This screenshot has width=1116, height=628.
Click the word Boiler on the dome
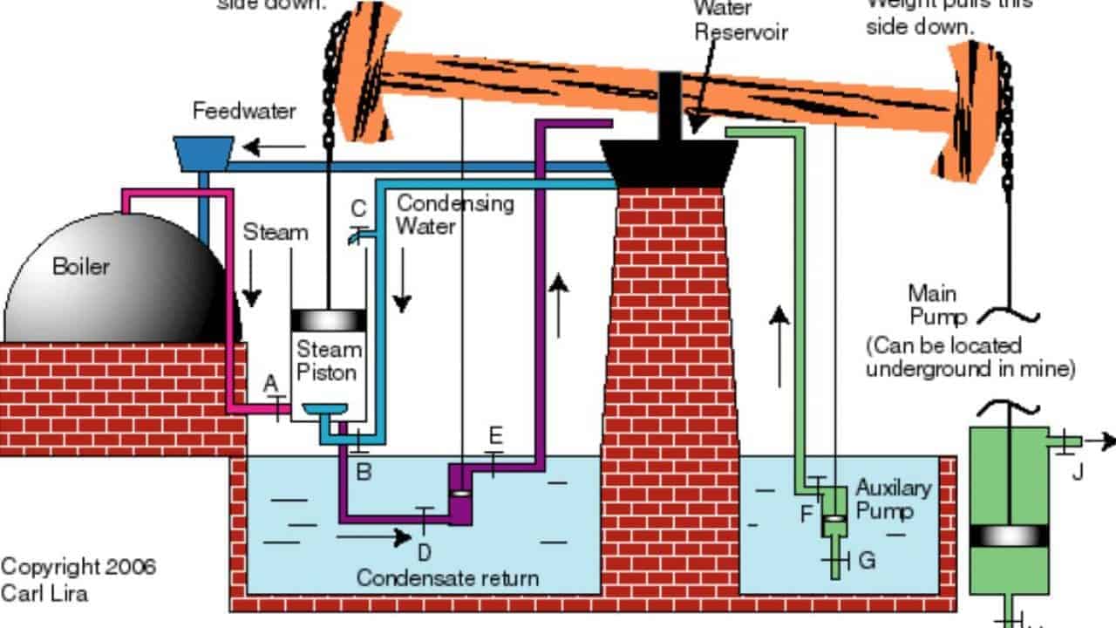(x=81, y=266)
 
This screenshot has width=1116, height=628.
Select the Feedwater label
(x=232, y=112)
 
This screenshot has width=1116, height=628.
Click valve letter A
(x=270, y=383)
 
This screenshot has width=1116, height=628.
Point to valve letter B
(x=364, y=472)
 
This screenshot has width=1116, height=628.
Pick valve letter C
(x=357, y=208)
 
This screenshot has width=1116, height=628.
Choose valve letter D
(x=424, y=551)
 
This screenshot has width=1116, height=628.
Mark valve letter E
(x=496, y=435)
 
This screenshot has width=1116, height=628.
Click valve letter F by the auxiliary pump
(x=807, y=514)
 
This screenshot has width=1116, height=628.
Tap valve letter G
(x=867, y=560)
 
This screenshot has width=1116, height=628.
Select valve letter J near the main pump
(x=1078, y=472)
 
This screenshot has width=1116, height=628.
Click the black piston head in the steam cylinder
(x=329, y=320)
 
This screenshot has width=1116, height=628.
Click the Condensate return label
(x=447, y=577)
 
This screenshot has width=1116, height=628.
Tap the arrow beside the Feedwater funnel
(x=262, y=145)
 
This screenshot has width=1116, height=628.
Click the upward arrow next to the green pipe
(x=779, y=345)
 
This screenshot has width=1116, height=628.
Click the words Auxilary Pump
(x=893, y=498)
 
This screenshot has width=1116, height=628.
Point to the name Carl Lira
(x=44, y=593)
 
